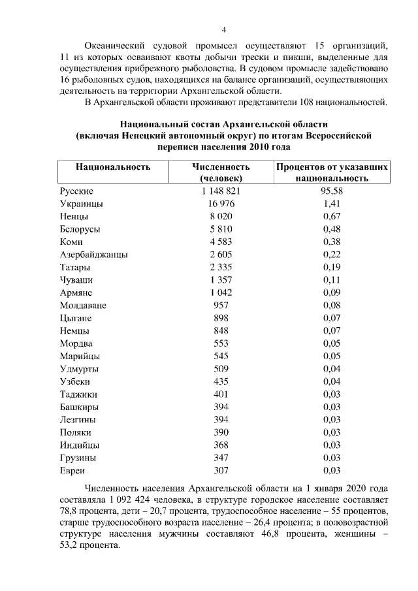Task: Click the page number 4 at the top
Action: point(223,29)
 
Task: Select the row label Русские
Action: point(76,191)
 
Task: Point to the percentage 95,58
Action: point(332,191)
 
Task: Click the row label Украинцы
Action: point(82,204)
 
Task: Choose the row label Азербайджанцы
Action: point(93,255)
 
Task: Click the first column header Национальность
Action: point(114,167)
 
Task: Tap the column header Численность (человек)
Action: point(221,172)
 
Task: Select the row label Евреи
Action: point(72,470)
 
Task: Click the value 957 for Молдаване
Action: point(221,306)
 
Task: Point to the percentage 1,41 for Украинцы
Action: point(332,204)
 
